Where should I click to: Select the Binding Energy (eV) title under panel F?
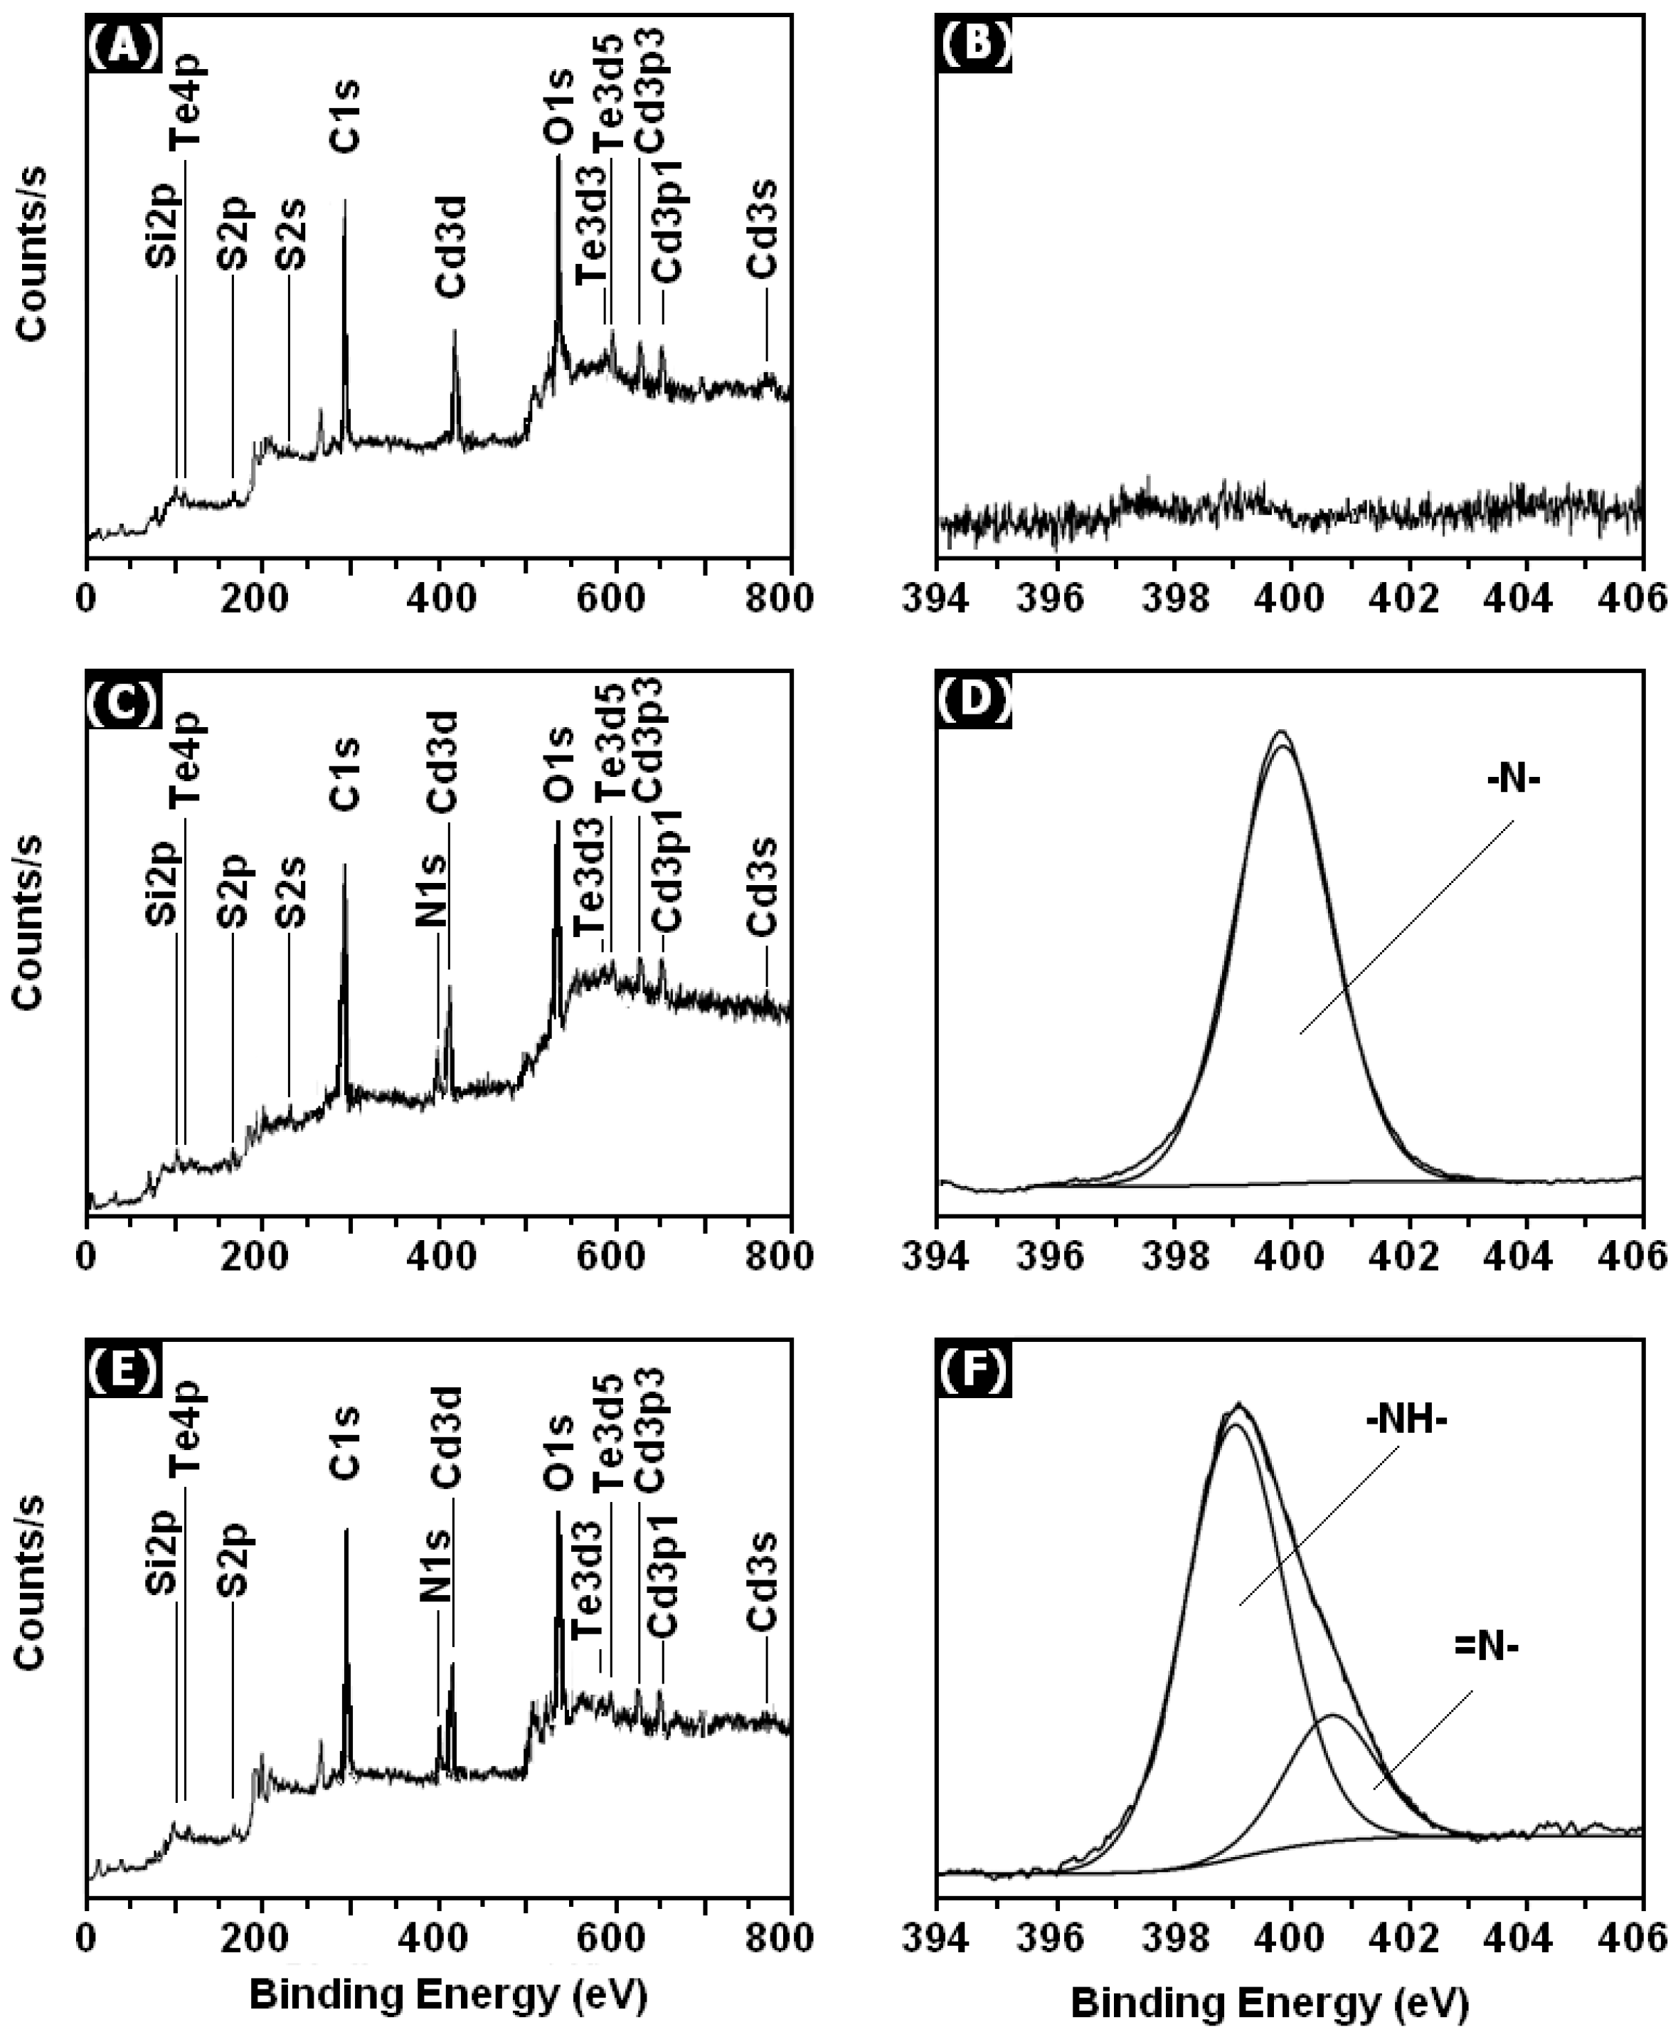[1269, 2003]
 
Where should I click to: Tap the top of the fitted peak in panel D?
[1282, 732]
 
